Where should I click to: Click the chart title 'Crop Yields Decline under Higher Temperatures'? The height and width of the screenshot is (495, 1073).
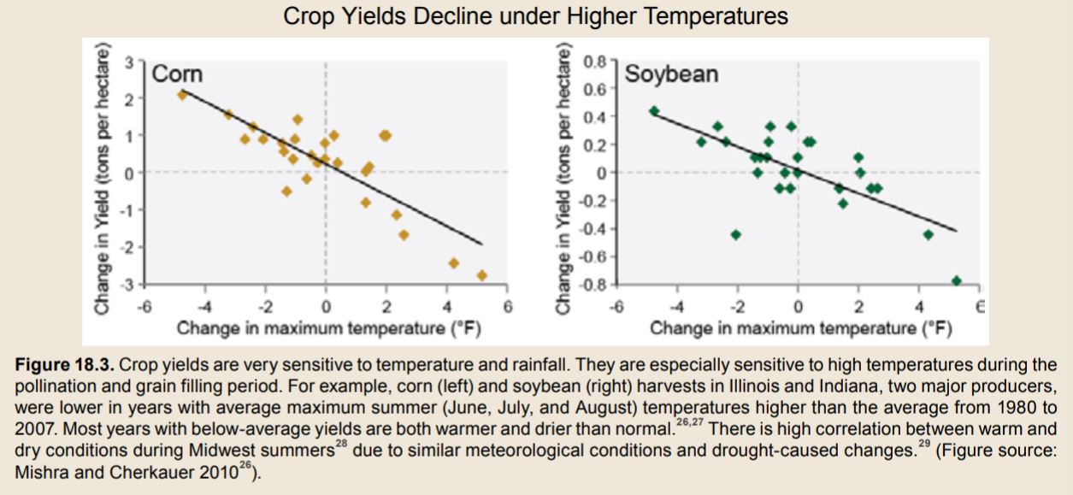535,16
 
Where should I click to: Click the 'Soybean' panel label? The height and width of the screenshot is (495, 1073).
671,74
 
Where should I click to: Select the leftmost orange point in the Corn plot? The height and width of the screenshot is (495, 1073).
181,95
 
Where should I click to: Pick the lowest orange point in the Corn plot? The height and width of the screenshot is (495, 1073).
482,275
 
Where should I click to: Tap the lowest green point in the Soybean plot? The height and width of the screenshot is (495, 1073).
956,280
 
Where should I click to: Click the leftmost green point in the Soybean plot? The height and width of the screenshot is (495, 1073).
654,111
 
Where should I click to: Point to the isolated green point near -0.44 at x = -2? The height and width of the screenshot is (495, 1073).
736,234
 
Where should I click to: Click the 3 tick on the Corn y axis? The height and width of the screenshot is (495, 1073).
128,62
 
